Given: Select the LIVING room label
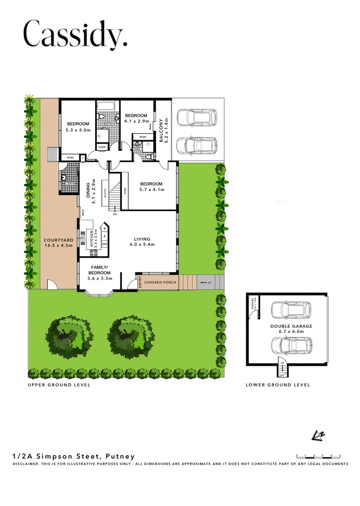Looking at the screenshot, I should pos(142,238).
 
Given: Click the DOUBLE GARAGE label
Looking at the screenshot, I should pos(291,326).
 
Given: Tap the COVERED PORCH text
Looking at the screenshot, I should pos(160,283).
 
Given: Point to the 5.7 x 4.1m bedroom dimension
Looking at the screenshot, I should pos(151,190).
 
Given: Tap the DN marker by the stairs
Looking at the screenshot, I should pos(115,215).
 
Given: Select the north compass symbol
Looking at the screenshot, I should pos(318,435).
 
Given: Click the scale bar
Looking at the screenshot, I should pos(318,456).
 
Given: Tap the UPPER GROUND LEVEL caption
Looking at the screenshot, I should pos(59,385).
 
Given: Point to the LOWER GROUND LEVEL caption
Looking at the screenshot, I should pos(278,385).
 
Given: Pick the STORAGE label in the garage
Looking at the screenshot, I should pos(252,304).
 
